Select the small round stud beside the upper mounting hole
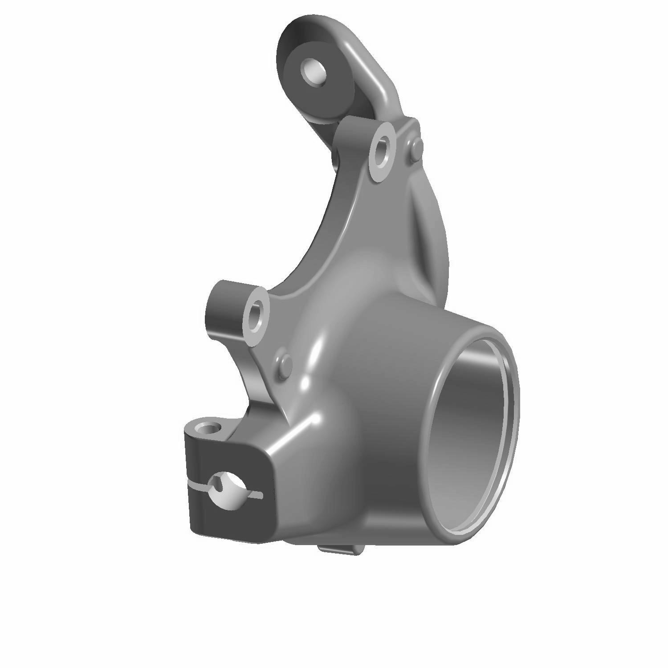point(414,150)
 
